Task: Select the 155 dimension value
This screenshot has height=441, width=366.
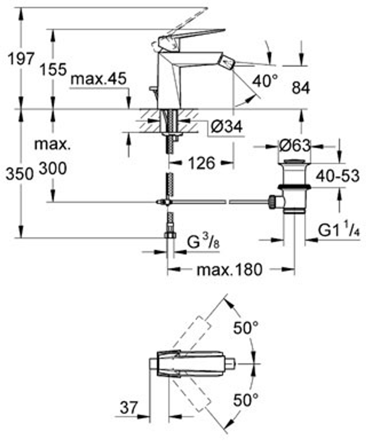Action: click(53, 70)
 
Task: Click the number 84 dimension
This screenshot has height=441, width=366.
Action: click(301, 88)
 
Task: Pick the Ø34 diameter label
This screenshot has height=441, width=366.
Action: click(227, 127)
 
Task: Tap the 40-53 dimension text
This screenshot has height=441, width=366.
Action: click(337, 177)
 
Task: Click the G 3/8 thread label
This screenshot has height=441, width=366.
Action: click(203, 243)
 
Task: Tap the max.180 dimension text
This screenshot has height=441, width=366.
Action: click(229, 270)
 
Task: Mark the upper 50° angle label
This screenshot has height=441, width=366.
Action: click(246, 327)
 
